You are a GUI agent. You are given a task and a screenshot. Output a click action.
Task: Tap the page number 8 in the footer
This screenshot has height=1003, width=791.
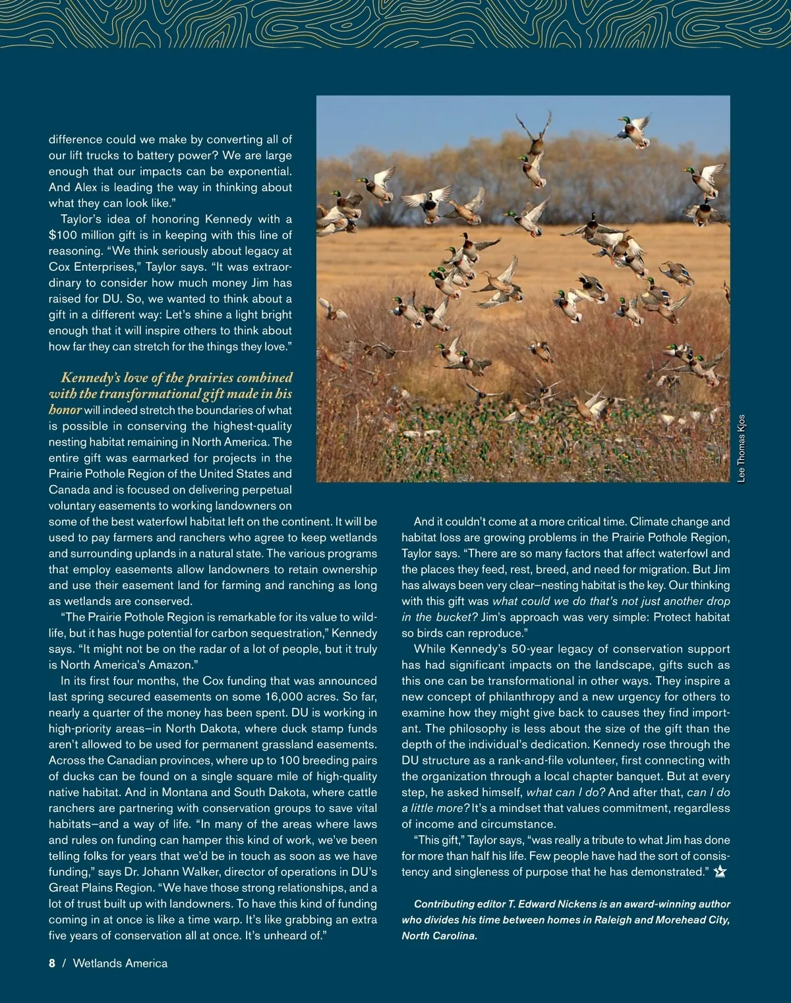pos(52,963)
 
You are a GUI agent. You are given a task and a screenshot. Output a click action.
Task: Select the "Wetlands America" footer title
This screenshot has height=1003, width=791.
pos(120,963)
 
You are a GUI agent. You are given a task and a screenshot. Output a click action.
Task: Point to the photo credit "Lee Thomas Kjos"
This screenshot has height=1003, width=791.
pos(742,448)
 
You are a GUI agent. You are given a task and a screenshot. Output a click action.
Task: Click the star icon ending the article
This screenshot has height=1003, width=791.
pos(720,872)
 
